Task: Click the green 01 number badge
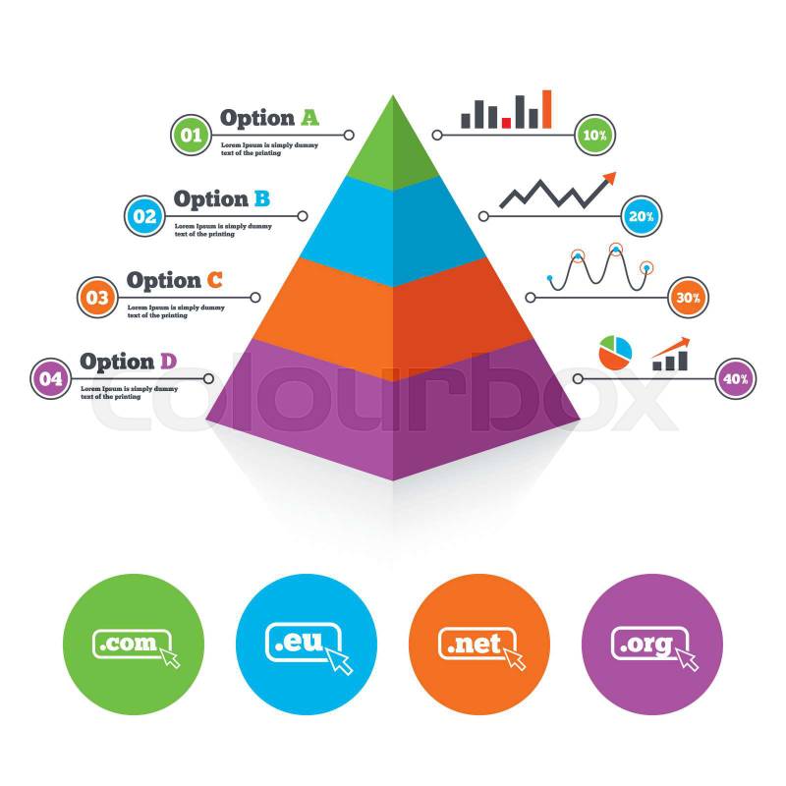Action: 191,135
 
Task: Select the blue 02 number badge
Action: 144,215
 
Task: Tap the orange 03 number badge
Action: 98,296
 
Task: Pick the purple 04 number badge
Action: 51,377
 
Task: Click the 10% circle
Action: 594,135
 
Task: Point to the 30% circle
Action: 688,297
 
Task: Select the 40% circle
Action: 734,378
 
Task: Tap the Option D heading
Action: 129,361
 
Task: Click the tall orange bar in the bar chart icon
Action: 546,109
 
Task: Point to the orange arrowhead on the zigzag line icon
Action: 610,177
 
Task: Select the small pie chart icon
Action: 615,355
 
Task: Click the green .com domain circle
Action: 134,645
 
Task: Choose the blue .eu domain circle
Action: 307,645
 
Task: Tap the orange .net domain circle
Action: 479,645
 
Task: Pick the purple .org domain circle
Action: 652,645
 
